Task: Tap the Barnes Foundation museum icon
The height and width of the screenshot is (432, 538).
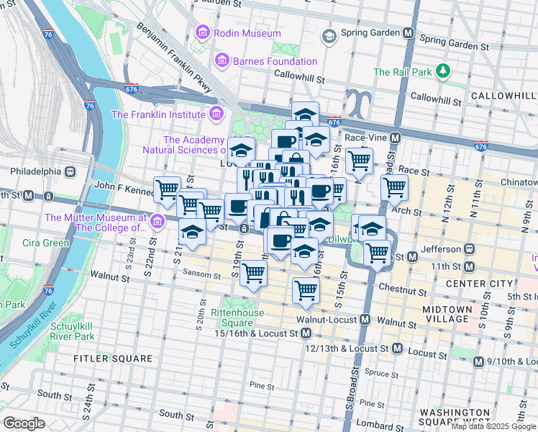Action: [222, 61]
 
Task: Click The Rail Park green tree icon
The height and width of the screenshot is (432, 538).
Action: [444, 71]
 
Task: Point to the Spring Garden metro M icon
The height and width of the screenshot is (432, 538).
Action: [409, 33]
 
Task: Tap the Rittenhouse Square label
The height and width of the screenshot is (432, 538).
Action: [237, 318]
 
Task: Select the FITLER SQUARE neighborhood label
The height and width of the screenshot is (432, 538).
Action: [112, 358]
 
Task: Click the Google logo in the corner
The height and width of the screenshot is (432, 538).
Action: [23, 423]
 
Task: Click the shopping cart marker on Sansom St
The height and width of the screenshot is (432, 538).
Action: [253, 274]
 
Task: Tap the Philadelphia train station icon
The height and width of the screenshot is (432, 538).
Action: [70, 172]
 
